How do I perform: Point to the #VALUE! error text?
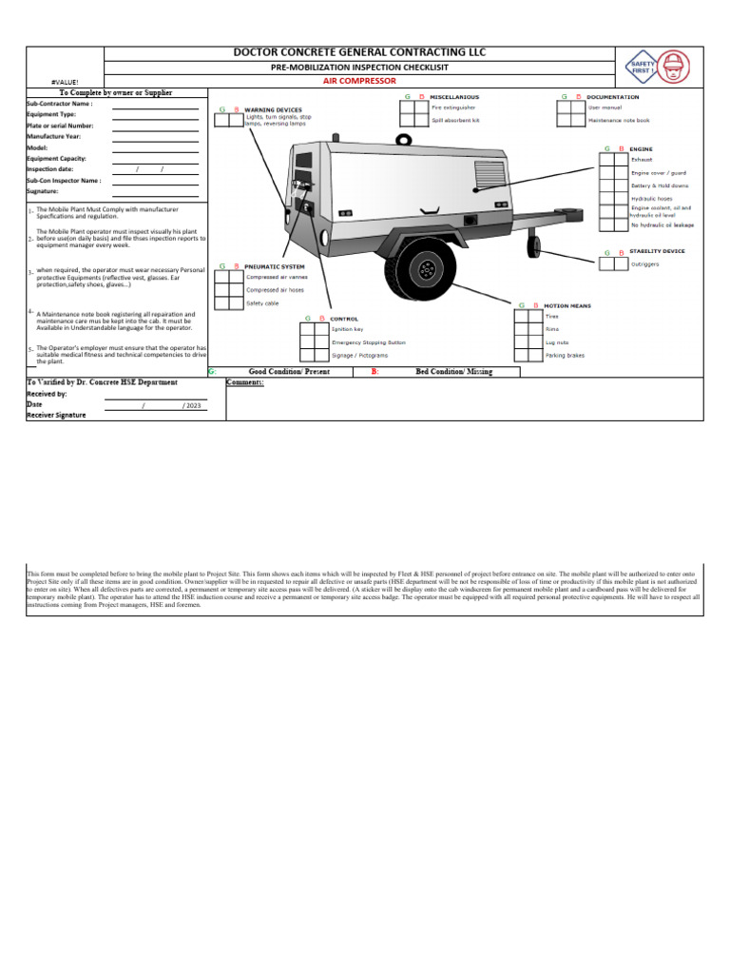pyautogui.click(x=66, y=84)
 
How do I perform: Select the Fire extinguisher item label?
pyautogui.click(x=452, y=108)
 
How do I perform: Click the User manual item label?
pyautogui.click(x=605, y=108)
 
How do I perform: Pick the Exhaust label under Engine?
pyautogui.click(x=642, y=160)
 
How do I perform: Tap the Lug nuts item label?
pyautogui.click(x=557, y=341)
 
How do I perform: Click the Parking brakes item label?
pyautogui.click(x=565, y=354)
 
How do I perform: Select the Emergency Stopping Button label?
pyautogui.click(x=368, y=341)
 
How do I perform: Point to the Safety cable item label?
pyautogui.click(x=262, y=302)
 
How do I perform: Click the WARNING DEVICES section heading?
pyautogui.click(x=274, y=110)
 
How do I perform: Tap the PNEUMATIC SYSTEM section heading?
pyautogui.click(x=275, y=266)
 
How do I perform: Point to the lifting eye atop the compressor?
pyautogui.click(x=404, y=141)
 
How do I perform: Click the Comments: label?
pyautogui.click(x=244, y=382)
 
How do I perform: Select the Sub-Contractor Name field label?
pyautogui.click(x=59, y=104)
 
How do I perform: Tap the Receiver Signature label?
pyautogui.click(x=56, y=415)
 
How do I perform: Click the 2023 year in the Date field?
pyautogui.click(x=193, y=404)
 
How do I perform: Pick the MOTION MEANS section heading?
pyautogui.click(x=567, y=305)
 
